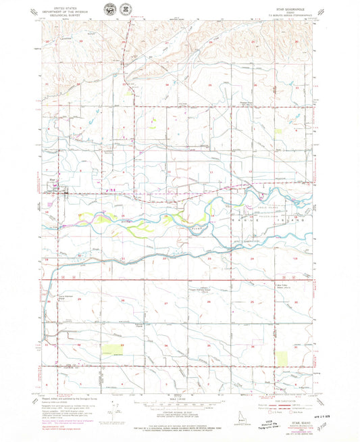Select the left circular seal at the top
click(110, 10)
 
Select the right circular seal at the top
click(125, 10)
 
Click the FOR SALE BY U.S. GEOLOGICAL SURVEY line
click(179, 420)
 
